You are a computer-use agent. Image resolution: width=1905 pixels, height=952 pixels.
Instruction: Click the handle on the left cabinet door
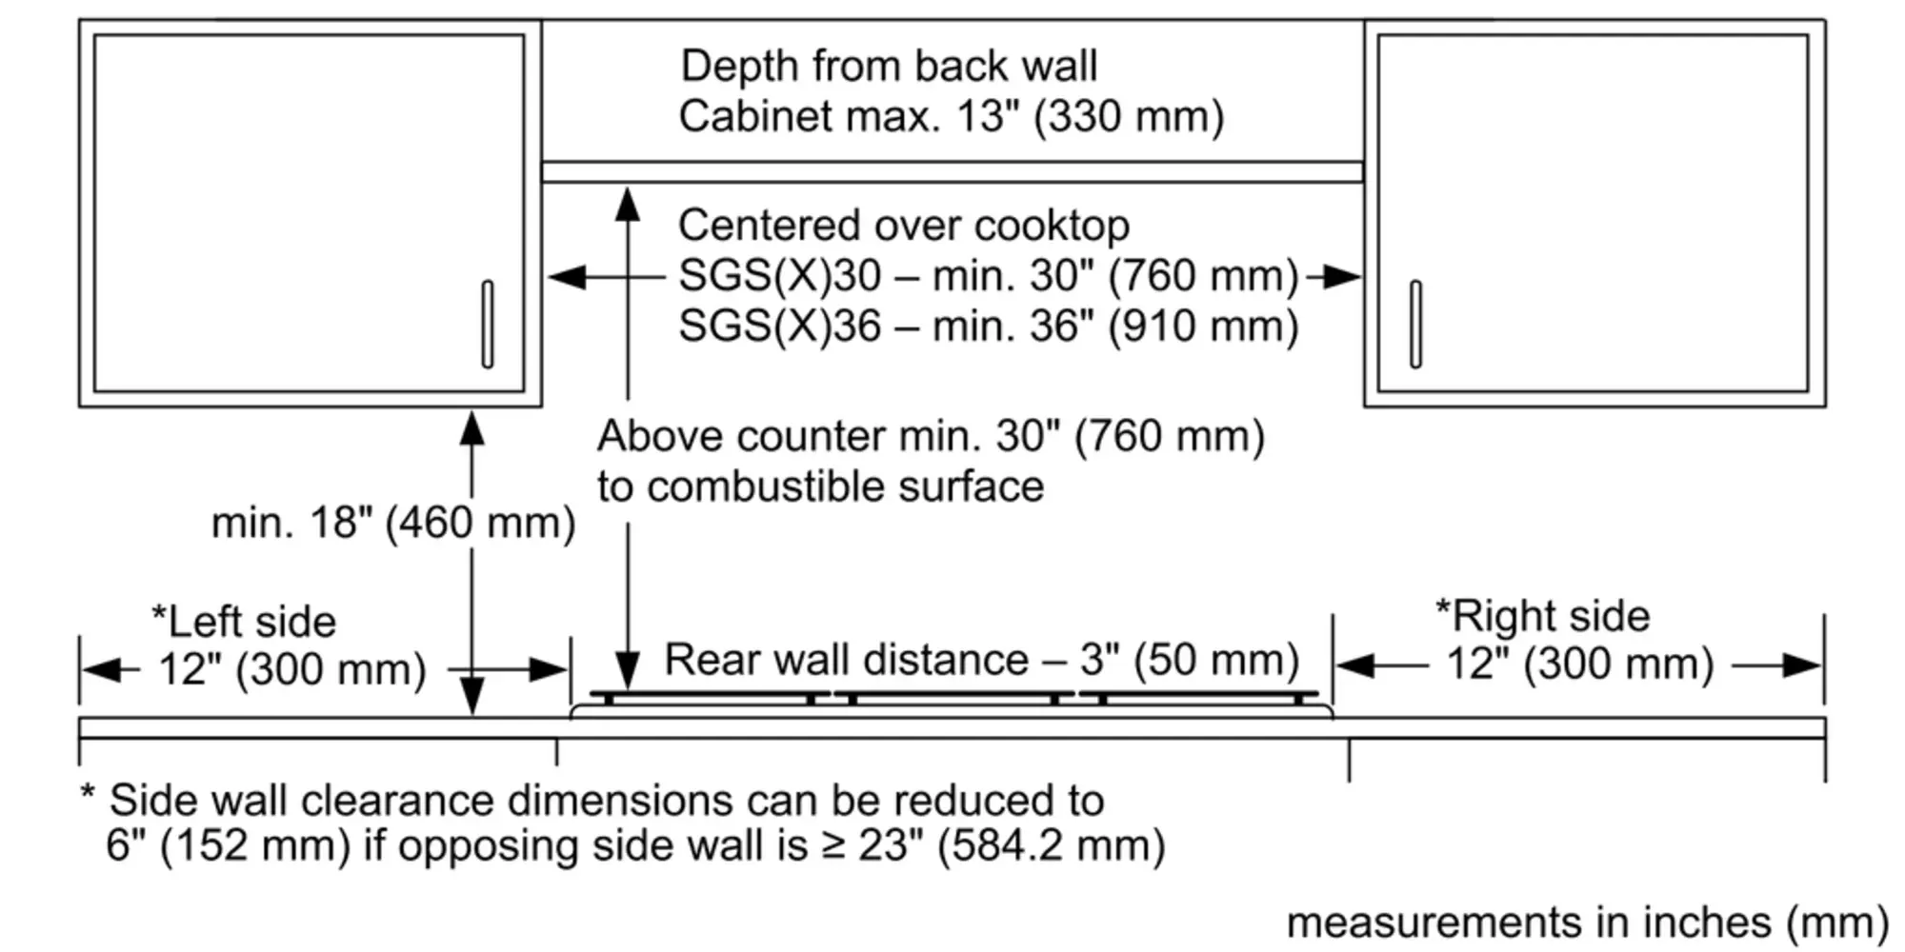point(488,324)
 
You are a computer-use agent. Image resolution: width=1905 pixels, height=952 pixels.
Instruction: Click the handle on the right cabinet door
point(1415,324)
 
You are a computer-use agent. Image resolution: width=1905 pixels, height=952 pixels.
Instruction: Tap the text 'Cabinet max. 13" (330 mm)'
point(951,117)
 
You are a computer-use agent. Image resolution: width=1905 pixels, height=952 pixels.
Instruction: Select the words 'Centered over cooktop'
point(903,227)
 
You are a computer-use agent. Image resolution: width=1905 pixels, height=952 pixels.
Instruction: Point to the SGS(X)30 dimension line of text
point(988,276)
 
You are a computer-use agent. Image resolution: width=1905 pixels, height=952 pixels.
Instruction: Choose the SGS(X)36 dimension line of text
point(988,327)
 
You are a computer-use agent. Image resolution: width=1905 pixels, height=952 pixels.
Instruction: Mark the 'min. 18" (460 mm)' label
point(392,523)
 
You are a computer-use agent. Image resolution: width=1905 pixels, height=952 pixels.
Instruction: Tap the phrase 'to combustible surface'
point(820,486)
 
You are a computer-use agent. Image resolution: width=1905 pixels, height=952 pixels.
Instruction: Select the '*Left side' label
point(244,622)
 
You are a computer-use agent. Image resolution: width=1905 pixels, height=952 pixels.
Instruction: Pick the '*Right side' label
point(1542,616)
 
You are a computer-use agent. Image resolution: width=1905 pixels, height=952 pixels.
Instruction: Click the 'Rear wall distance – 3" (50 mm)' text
point(981,660)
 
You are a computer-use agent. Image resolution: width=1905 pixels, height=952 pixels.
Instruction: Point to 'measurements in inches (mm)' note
point(1587,922)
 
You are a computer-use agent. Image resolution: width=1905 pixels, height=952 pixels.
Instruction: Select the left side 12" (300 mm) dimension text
point(291,669)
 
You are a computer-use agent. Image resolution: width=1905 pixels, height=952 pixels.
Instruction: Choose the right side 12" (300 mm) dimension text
point(1579,664)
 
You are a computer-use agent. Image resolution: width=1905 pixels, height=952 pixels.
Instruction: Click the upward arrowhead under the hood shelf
point(627,204)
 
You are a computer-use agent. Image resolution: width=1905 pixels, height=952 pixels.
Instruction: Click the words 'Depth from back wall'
point(889,67)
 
